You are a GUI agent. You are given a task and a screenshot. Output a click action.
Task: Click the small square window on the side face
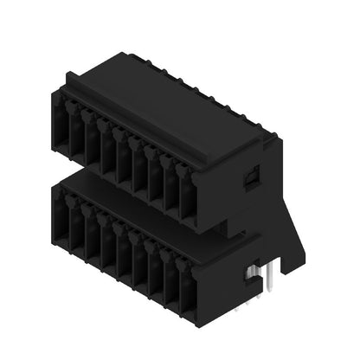point(249,177)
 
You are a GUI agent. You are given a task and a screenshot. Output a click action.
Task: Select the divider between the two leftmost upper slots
point(69,134)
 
